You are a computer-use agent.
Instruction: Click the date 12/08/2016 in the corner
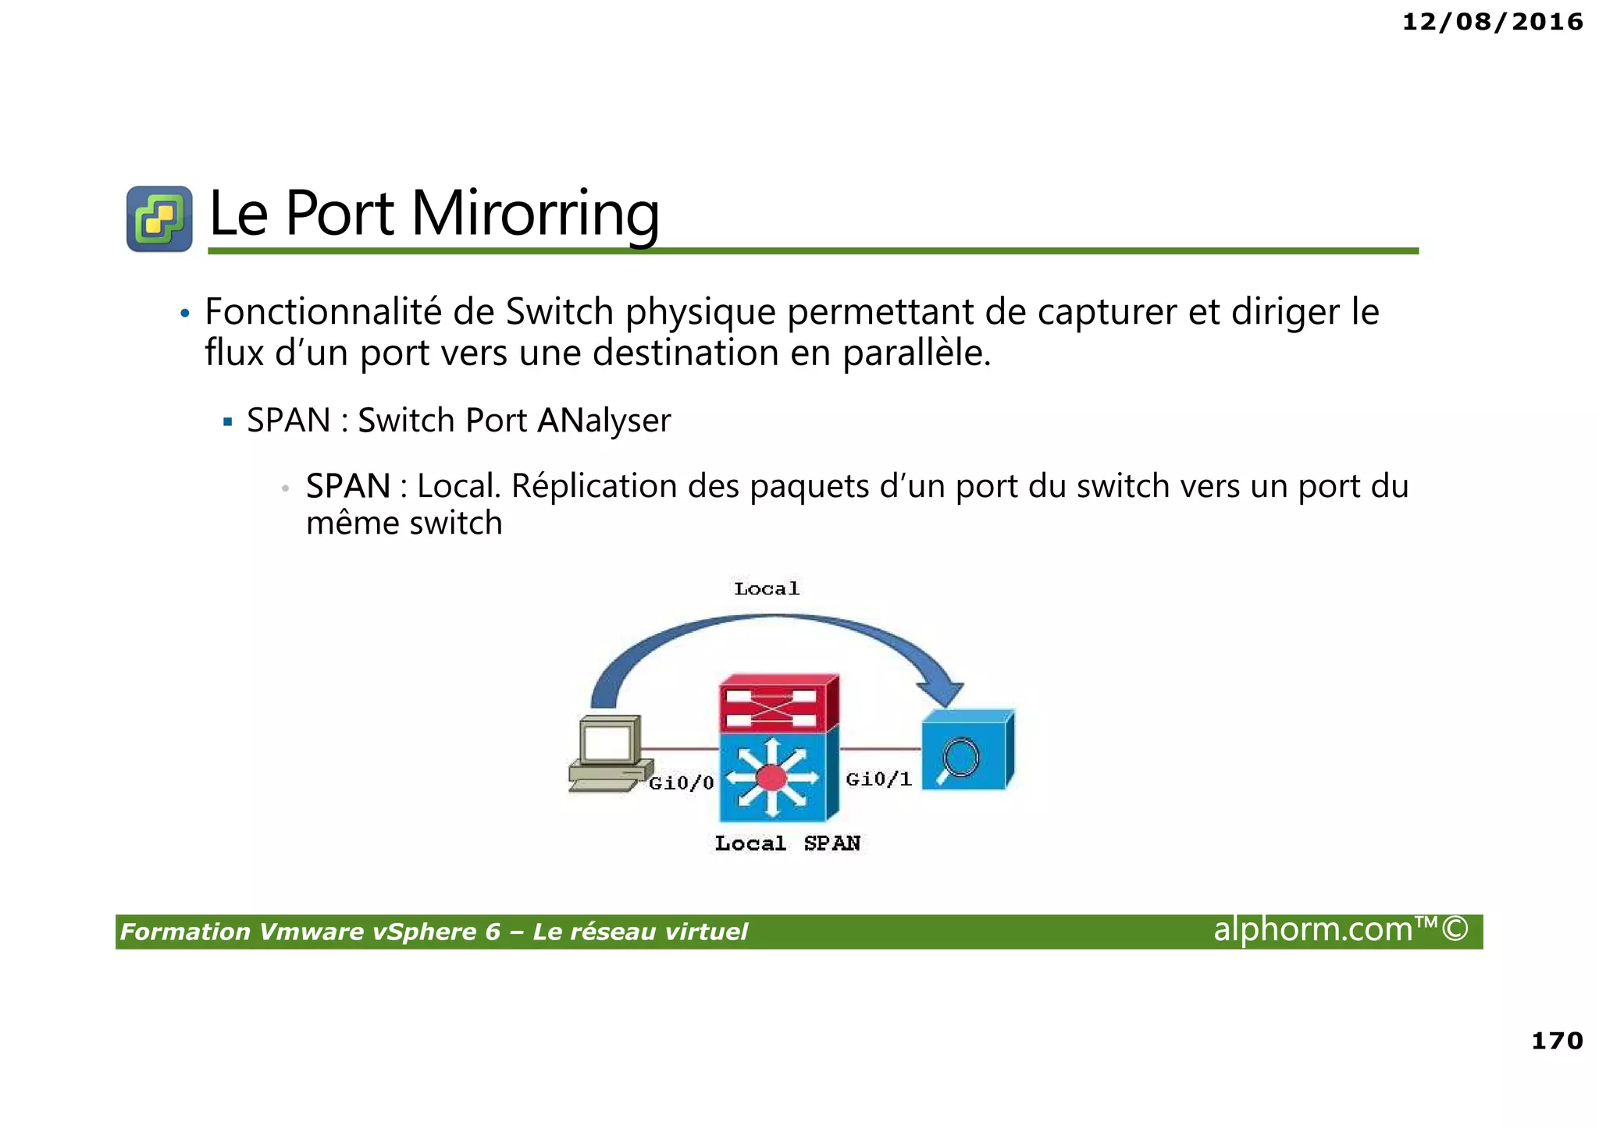point(1492,22)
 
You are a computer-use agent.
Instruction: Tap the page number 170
point(1557,1040)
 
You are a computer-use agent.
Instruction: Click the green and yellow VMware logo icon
point(159,218)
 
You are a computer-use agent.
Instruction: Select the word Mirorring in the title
point(535,214)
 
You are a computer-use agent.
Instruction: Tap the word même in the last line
point(351,523)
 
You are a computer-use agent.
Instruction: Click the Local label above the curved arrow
point(767,588)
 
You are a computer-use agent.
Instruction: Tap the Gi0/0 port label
point(682,783)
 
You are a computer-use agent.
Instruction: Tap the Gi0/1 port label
point(879,779)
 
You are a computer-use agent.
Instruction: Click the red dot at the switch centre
point(771,778)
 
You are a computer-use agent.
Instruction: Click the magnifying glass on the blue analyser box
point(960,758)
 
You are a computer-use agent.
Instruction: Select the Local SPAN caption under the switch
point(787,843)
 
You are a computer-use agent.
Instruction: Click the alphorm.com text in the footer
point(1340,930)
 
